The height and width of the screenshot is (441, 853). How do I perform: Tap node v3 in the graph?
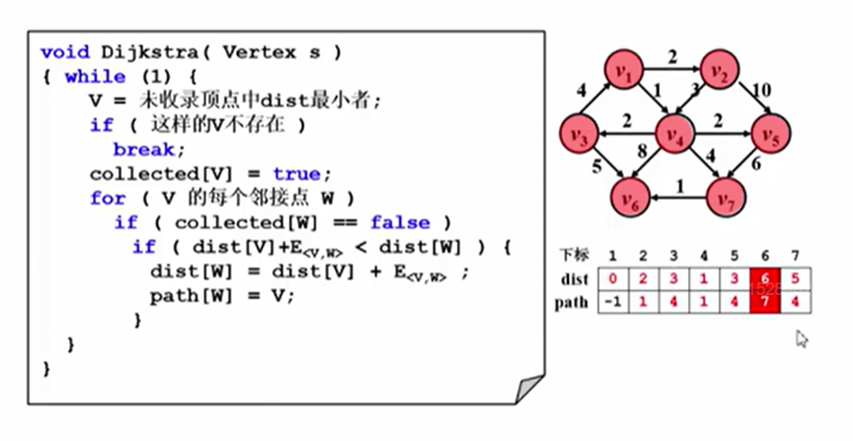point(578,134)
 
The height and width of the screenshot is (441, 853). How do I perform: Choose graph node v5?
point(770,134)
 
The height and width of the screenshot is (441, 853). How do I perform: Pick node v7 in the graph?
point(724,199)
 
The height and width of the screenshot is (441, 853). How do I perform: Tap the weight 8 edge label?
point(640,150)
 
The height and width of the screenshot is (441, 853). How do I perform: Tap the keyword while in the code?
point(95,76)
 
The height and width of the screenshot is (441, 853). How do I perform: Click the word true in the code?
point(296,174)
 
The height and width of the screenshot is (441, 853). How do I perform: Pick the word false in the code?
point(400,223)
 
